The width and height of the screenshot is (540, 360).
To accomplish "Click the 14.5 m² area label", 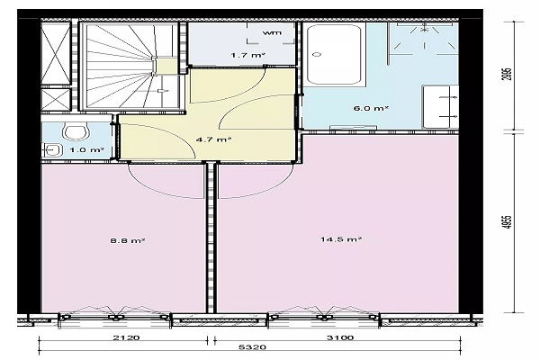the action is click(x=341, y=238).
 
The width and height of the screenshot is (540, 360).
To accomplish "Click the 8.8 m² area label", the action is click(x=127, y=240).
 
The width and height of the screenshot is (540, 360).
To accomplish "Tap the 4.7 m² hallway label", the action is click(x=213, y=139).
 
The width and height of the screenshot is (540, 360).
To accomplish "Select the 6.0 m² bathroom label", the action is click(x=371, y=108).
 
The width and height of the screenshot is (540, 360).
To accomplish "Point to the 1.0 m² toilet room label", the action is click(x=86, y=150).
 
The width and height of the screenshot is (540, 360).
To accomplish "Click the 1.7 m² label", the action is click(x=248, y=55).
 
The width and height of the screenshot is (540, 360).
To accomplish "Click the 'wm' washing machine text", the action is click(x=272, y=33).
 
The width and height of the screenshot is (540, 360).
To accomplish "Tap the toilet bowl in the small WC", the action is click(x=75, y=132).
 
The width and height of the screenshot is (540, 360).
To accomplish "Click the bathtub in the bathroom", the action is click(x=334, y=55).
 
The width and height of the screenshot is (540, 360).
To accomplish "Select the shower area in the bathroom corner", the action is click(x=424, y=38).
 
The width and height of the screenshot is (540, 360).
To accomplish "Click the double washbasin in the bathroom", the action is click(x=441, y=107).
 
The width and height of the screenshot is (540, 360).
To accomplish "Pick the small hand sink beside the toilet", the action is click(x=52, y=150).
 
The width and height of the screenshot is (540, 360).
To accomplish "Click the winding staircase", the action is click(x=130, y=66).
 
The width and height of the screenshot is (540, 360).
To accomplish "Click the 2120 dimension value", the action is click(x=127, y=337).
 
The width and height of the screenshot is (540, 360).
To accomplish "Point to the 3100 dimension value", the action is click(x=340, y=337).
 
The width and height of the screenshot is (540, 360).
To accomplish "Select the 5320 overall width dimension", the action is click(x=252, y=346).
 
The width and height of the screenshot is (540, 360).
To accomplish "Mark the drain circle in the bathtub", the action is click(x=317, y=54).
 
